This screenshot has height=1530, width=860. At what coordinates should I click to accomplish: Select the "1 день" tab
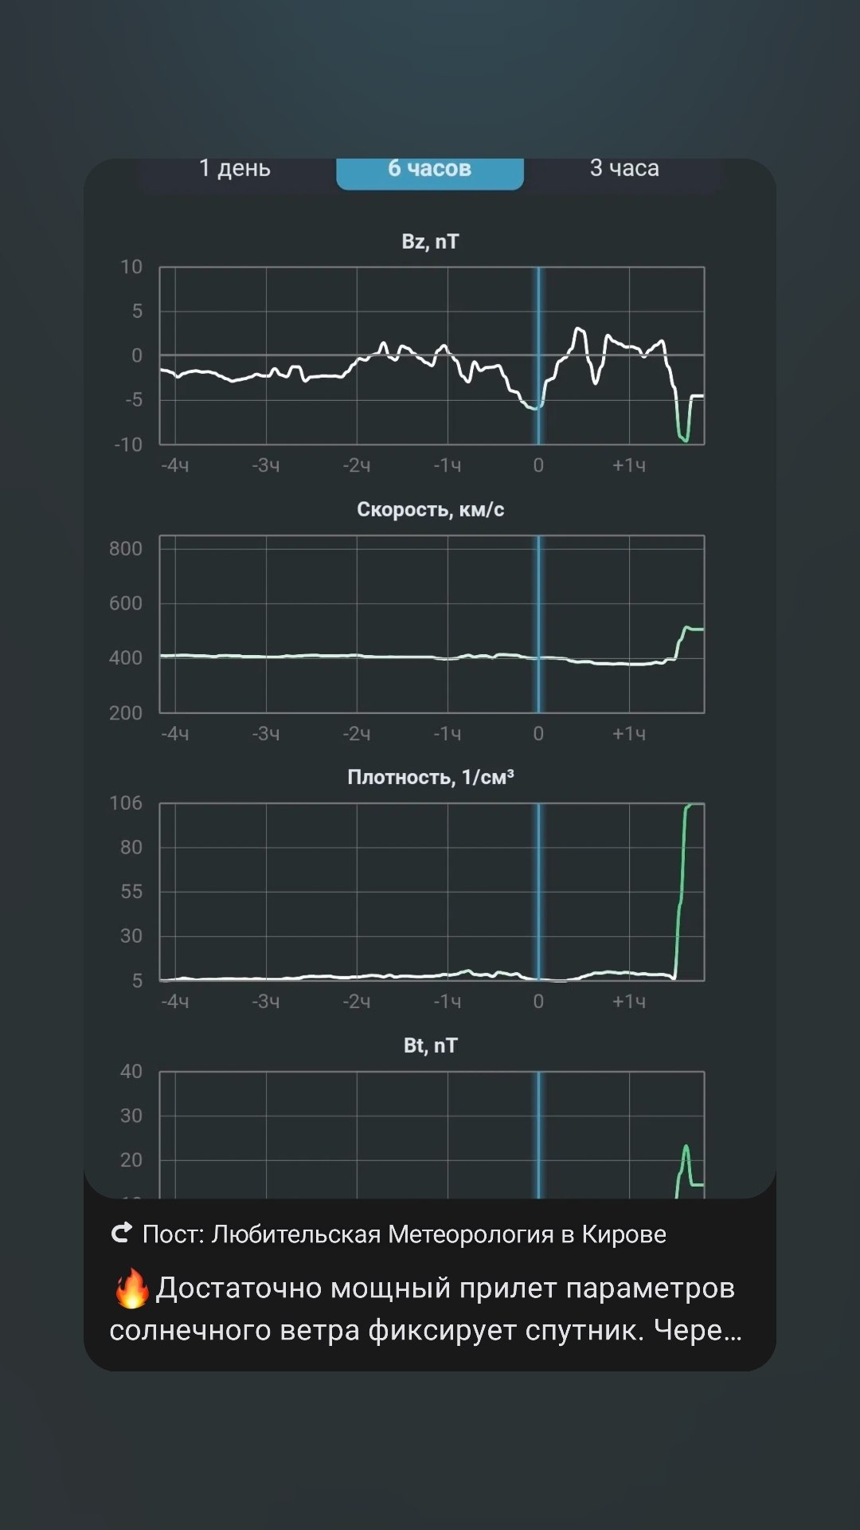[x=235, y=168]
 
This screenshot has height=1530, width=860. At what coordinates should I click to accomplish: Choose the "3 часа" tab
[x=624, y=168]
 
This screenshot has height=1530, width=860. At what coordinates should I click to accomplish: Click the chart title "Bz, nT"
[x=430, y=241]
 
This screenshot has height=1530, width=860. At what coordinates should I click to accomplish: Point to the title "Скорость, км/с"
[x=430, y=509]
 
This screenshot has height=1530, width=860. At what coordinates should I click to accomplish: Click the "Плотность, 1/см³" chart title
[x=430, y=777]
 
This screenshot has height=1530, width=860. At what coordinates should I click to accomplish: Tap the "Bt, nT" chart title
[x=430, y=1045]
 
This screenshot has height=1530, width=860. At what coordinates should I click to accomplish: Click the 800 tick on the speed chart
[x=126, y=548]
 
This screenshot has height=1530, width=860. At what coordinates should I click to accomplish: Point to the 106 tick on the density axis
[x=126, y=802]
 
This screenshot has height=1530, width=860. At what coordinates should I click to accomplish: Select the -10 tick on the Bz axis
[x=128, y=445]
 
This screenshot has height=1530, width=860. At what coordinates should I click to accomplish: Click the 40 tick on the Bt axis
[x=131, y=1071]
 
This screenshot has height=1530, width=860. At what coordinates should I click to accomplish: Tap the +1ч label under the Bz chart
[x=628, y=465]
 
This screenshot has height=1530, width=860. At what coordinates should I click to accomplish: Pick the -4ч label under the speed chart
[x=175, y=734]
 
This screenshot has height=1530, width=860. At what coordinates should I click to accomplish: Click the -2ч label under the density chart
[x=357, y=1002]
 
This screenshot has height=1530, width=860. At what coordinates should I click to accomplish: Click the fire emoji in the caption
[x=131, y=1289]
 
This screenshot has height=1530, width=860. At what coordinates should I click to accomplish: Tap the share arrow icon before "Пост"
[x=122, y=1234]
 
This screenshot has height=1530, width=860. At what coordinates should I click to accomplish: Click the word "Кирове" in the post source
[x=623, y=1234]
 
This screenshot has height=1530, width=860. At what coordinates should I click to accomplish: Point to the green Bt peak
[x=686, y=1147]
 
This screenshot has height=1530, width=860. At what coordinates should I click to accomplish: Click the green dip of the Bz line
[x=683, y=437]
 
